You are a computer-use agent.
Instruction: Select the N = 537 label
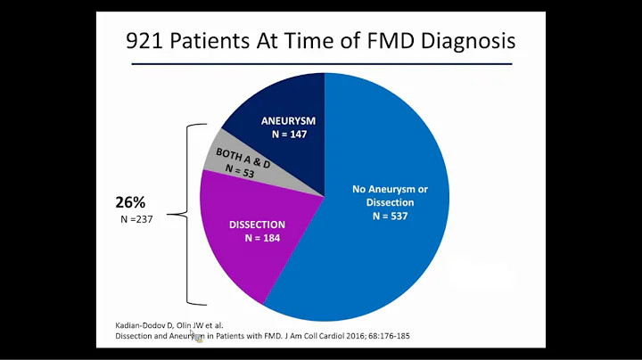pos(377,215)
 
